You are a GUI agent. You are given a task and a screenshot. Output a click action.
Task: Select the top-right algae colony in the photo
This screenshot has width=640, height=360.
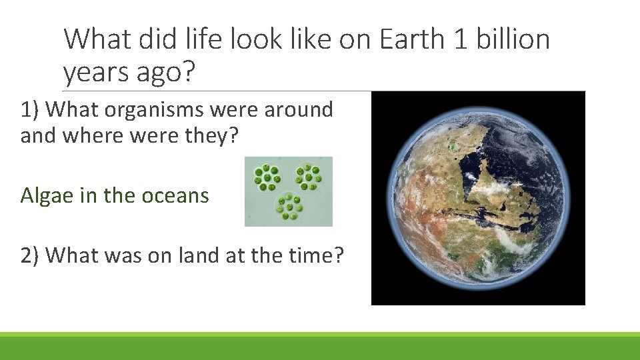[309, 176]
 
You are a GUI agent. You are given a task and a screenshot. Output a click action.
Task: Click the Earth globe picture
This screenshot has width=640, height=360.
[478, 198]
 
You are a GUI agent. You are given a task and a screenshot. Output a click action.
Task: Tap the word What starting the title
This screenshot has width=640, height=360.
[99, 39]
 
